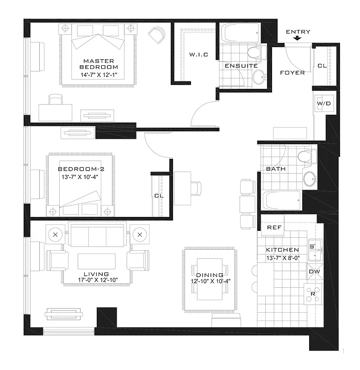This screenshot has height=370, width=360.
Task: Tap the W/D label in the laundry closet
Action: [323, 104]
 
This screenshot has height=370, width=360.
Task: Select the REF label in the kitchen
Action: [273, 228]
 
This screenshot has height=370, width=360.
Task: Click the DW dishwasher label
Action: [314, 271]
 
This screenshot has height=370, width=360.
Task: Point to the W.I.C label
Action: [199, 55]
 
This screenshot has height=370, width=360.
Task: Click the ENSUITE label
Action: [241, 66]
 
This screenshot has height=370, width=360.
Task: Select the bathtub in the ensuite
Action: [235, 33]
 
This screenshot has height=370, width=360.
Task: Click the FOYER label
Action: [292, 73]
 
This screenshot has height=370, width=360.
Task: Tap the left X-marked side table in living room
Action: [56, 234]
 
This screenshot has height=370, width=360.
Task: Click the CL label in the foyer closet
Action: [322, 66]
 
